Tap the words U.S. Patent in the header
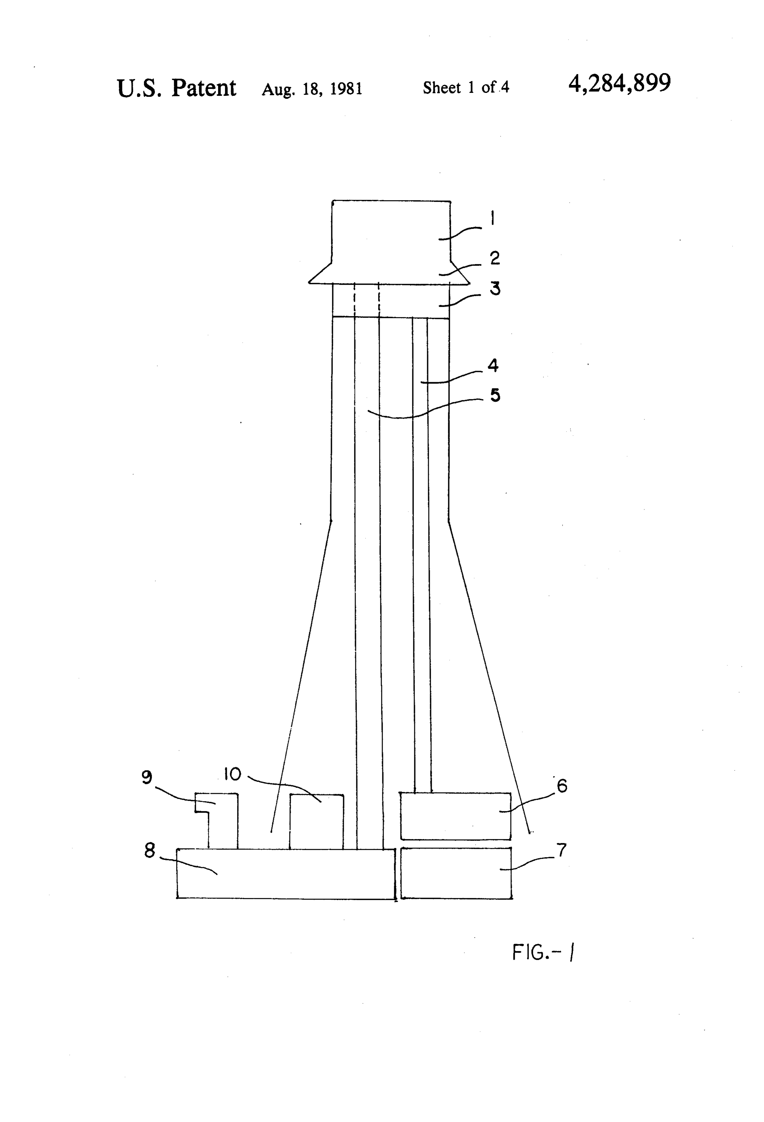tap(176, 88)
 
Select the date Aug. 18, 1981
tap(312, 89)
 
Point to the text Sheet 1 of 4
tap(466, 87)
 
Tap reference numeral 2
tap(495, 258)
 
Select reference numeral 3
tap(495, 289)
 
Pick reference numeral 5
tap(495, 395)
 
